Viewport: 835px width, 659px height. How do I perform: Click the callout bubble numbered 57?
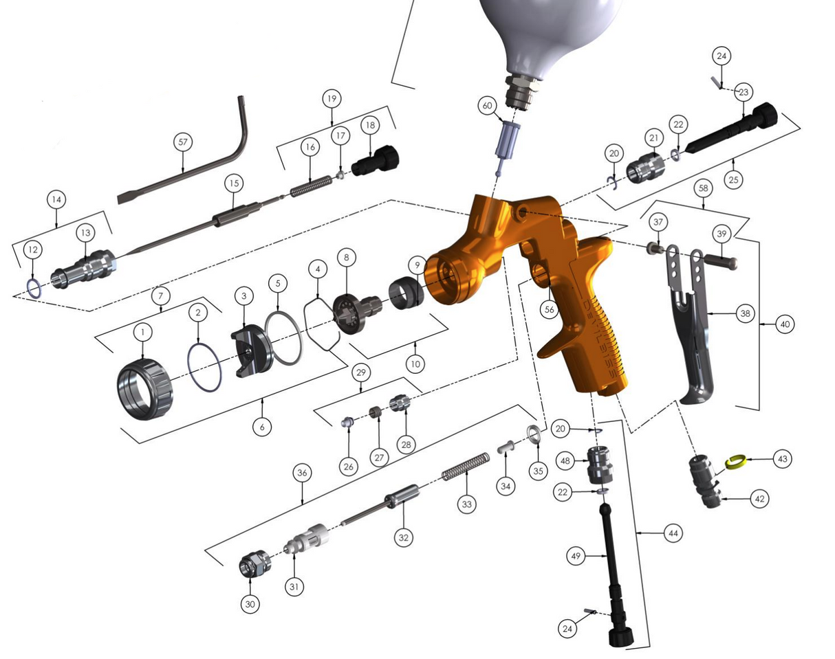tap(182, 142)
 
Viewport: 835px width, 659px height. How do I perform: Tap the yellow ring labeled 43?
tap(737, 462)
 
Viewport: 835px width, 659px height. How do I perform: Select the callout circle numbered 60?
tap(488, 106)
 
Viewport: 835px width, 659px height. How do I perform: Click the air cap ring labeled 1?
tap(145, 391)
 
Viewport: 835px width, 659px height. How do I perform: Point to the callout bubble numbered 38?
tap(744, 314)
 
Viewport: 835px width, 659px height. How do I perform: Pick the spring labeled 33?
tap(466, 467)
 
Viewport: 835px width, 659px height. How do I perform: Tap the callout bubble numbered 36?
tap(303, 473)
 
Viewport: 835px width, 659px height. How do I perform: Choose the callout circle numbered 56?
tap(548, 310)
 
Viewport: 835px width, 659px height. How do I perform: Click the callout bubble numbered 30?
tap(250, 604)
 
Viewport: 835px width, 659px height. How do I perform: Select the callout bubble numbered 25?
tap(734, 180)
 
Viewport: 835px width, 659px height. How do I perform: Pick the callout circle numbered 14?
tap(56, 199)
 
